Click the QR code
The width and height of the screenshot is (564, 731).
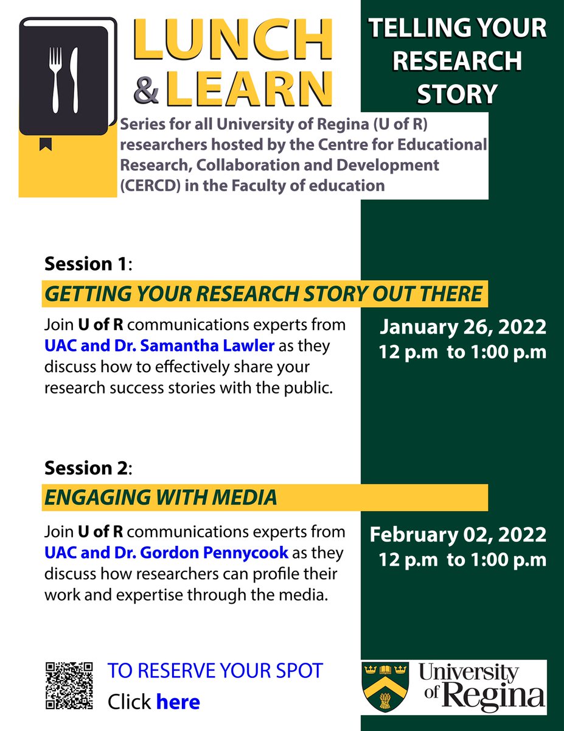(69, 685)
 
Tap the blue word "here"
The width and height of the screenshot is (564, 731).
(178, 702)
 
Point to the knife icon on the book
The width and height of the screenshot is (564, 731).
(75, 80)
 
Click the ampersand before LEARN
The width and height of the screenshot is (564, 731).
(147, 88)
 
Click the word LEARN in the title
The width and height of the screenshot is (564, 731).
(249, 88)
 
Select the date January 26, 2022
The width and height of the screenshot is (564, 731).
(463, 328)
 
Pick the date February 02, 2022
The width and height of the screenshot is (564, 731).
(458, 535)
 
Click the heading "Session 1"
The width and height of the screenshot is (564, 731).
(86, 264)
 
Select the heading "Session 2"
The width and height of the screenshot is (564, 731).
(86, 468)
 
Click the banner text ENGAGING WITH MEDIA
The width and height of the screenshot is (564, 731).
(161, 498)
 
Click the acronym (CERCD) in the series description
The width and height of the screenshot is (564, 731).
(148, 186)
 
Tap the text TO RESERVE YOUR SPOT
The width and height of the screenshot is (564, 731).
(215, 671)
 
